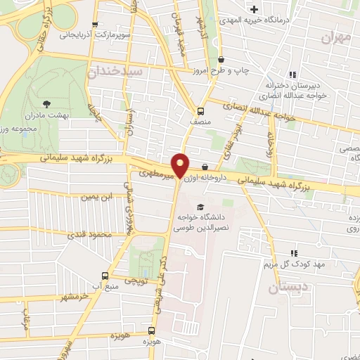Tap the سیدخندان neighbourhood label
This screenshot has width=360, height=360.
pyautogui.click(x=116, y=72)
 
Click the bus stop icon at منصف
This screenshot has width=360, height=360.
pyautogui.click(x=200, y=111)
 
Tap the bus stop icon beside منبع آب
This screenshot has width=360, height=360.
pyautogui.click(x=105, y=276)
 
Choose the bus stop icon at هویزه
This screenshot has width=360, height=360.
pyautogui.click(x=151, y=330)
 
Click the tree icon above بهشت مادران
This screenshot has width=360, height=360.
pyautogui.click(x=47, y=103)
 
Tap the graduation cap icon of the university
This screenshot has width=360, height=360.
pyautogui.click(x=202, y=207)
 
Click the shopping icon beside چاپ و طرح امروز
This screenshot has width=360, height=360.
pyautogui.click(x=221, y=60)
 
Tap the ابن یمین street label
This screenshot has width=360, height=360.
pyautogui.click(x=96, y=198)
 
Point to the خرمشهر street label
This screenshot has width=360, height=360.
pyautogui.click(x=76, y=298)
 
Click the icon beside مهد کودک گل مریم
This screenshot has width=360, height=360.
pyautogui.click(x=294, y=253)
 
